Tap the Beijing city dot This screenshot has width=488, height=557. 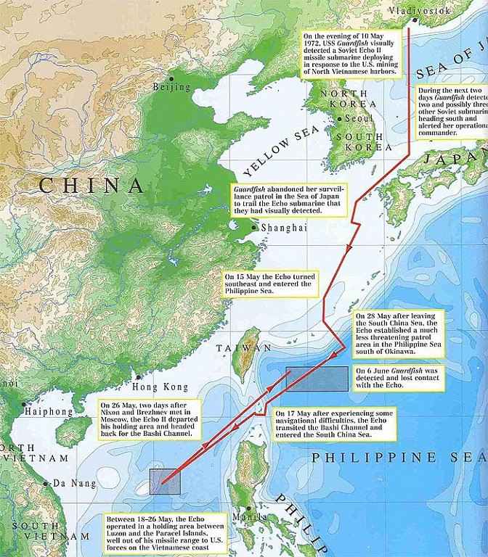click(x=171, y=78)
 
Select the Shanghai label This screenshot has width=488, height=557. click(x=275, y=228)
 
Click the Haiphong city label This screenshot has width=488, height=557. click(x=49, y=411)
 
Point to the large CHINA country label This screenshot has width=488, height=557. click(x=91, y=185)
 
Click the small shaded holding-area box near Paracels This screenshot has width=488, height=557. click(x=165, y=482)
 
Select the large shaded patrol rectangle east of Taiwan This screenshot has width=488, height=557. click(x=317, y=379)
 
